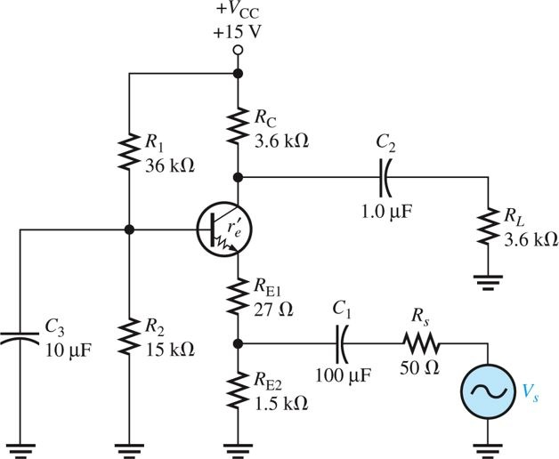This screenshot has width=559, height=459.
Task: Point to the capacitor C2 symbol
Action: tap(385, 176)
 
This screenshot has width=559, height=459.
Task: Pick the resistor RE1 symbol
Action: tap(238, 298)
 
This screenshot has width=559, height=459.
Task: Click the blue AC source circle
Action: tap(488, 390)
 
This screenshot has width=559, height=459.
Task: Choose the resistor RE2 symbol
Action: tap(238, 391)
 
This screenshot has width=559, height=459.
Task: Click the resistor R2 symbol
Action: tap(129, 337)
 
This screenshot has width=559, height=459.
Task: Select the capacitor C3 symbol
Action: tap(20, 337)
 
